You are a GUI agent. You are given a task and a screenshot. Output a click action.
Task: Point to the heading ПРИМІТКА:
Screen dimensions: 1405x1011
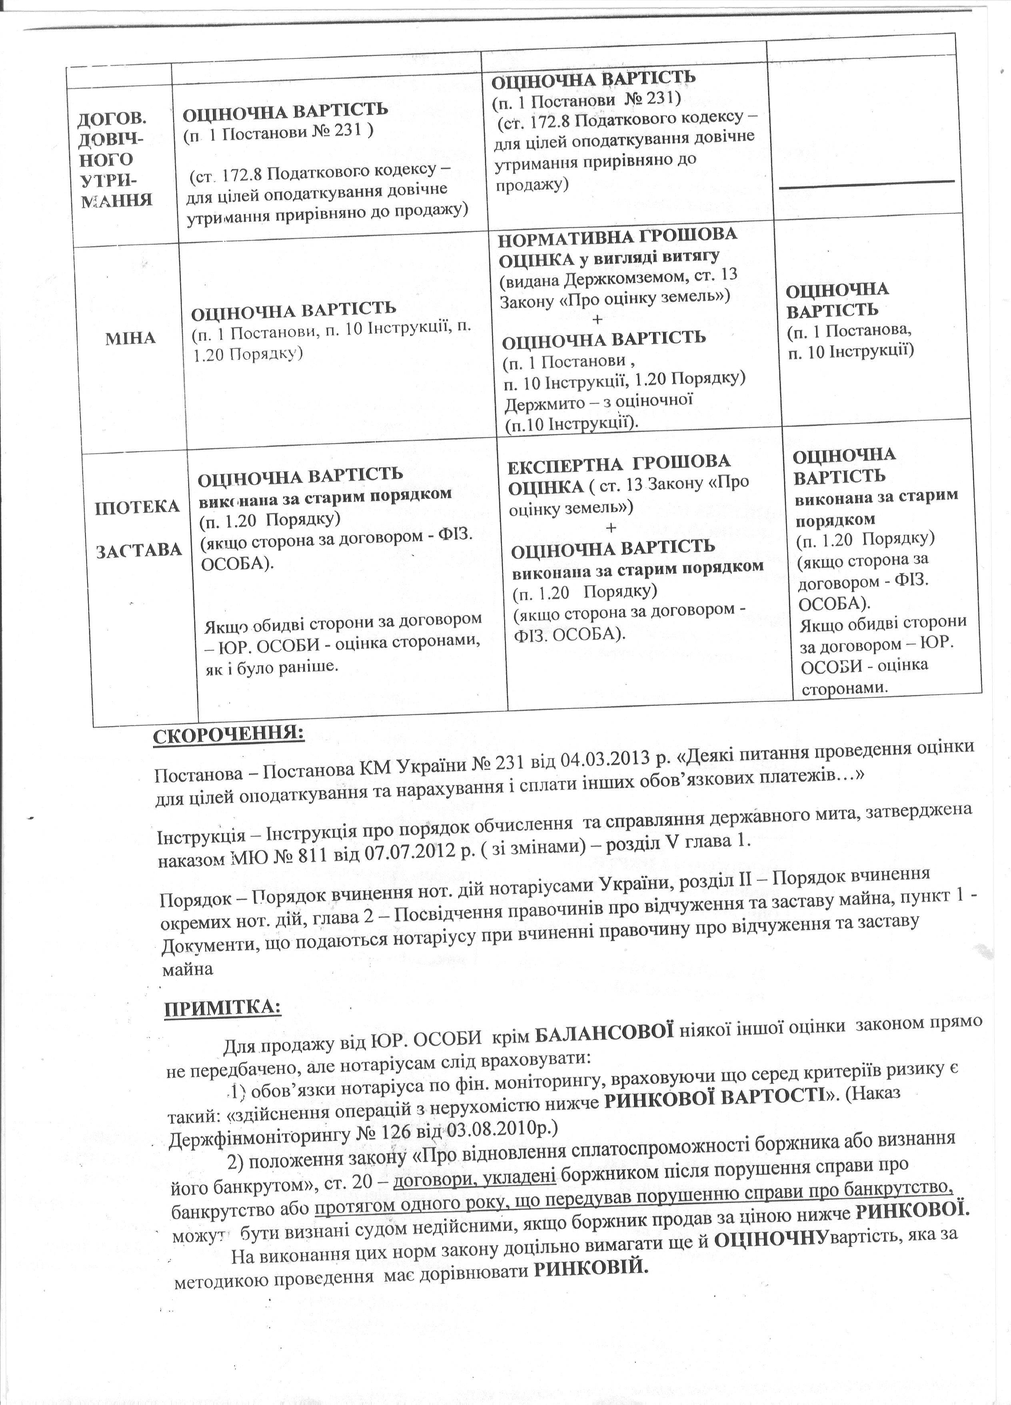click(x=222, y=1008)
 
